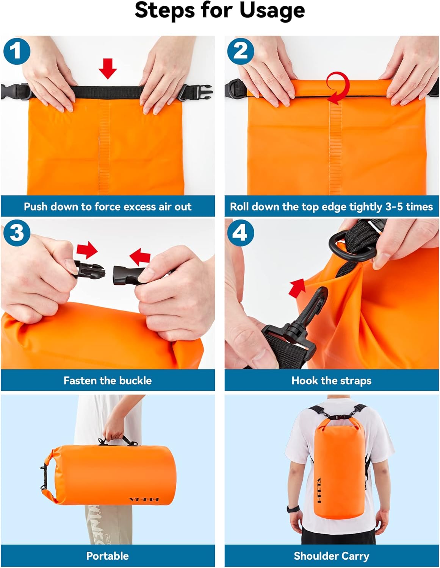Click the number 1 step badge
[x=17, y=50]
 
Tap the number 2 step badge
[x=241, y=50]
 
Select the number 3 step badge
[x=17, y=232]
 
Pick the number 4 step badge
[x=241, y=232]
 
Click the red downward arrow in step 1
[x=108, y=68]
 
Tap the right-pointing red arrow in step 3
[x=87, y=250]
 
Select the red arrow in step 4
[x=297, y=287]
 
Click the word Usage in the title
[x=272, y=10]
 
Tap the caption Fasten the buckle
[x=108, y=381]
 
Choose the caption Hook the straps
[x=331, y=381]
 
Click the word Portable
[x=108, y=556]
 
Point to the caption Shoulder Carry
[x=331, y=556]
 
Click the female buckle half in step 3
[x=128, y=273]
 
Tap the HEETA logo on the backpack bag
[x=319, y=490]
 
